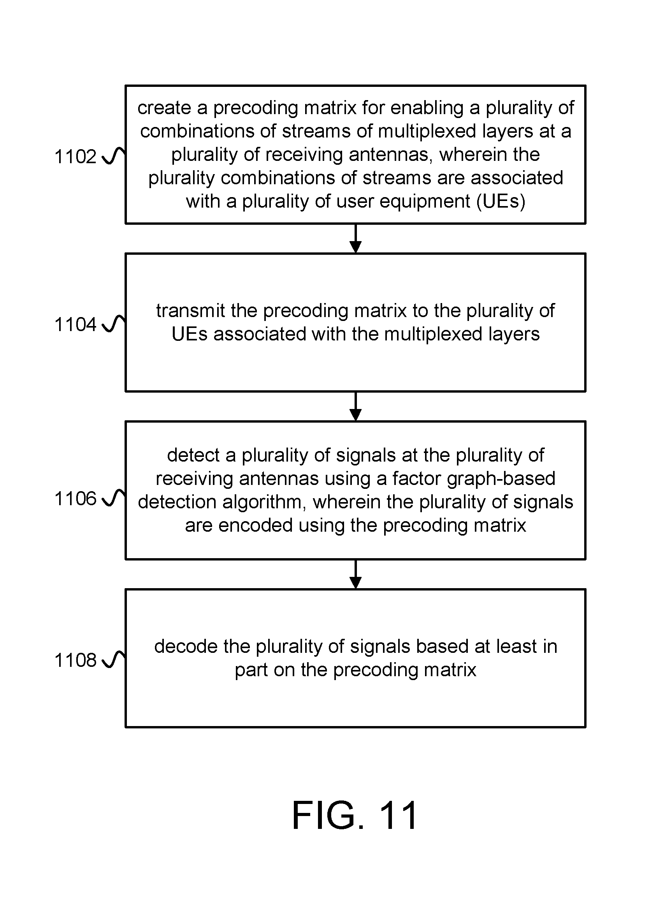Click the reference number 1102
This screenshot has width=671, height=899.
click(x=76, y=157)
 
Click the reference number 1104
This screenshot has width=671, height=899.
click(x=76, y=324)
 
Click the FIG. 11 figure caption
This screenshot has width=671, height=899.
click(x=355, y=815)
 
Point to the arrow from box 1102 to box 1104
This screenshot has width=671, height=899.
click(x=355, y=238)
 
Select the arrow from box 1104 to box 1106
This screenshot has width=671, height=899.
click(x=355, y=406)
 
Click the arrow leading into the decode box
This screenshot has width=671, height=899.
click(x=355, y=574)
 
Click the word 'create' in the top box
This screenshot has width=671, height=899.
click(x=164, y=108)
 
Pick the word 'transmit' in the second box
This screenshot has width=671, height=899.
click(x=190, y=310)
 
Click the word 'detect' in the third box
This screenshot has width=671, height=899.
click(x=193, y=455)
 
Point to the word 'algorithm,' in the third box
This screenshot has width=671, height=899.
click(x=262, y=502)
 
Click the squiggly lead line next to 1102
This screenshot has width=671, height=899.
click(x=113, y=156)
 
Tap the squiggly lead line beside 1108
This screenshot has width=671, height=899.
click(x=113, y=659)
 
